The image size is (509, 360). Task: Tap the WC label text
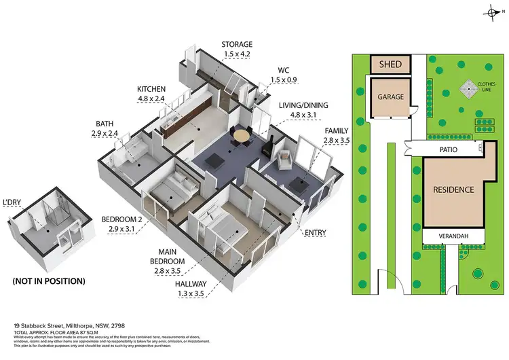[284, 69]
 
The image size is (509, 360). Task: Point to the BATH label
[105, 124]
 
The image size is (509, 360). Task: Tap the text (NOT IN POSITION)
[48, 281]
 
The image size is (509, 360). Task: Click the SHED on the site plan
[390, 65]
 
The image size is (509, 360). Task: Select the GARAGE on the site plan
[390, 96]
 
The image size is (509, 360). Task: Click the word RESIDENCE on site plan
[453, 190]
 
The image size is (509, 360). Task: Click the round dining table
[241, 136]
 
